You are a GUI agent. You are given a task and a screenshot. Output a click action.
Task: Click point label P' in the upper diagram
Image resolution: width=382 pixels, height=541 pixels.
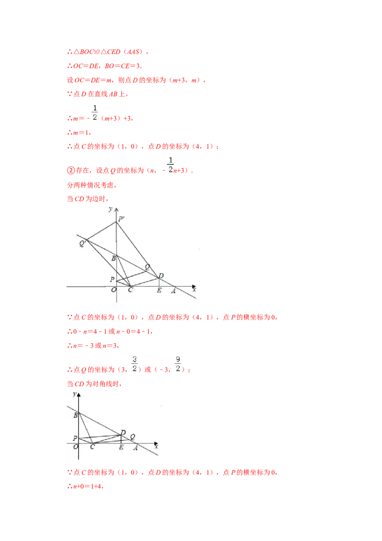pos(121,219)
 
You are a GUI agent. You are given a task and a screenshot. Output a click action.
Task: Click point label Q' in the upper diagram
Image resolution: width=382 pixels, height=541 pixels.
pos(83,243)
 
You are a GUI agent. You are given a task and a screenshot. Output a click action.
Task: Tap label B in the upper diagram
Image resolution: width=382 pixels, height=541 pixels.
pos(114,259)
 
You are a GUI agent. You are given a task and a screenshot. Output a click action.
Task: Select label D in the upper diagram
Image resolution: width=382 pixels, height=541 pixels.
pos(161,276)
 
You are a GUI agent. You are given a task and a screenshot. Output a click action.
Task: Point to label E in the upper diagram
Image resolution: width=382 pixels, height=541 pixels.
pos(159,290)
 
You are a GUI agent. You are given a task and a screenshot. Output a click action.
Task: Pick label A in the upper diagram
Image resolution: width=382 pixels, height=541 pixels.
pos(173,290)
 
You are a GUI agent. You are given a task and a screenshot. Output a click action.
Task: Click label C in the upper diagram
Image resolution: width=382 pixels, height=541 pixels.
pos(130,290)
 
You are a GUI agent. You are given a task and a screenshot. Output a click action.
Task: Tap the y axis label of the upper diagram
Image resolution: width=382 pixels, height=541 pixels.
pos(111,209)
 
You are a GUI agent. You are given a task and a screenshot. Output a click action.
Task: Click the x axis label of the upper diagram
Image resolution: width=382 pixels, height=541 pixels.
pos(194,289)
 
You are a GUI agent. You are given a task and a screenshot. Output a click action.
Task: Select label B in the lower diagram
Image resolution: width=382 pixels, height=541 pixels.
pos(75,415)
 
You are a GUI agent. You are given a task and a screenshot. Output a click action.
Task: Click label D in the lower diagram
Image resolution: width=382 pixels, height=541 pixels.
pos(123,433)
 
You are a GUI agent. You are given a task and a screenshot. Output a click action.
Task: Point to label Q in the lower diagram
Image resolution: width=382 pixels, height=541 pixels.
pos(132,436)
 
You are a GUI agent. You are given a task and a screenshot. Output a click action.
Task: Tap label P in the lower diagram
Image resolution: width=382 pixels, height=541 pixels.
pos(75,438)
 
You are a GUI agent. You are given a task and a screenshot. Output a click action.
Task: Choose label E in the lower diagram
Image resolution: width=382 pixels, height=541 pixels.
pos(121,447)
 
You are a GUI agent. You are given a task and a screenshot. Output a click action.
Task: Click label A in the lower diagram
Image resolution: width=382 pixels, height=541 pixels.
pos(136,447)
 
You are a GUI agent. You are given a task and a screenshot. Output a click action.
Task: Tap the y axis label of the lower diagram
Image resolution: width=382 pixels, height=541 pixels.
pos(74,393)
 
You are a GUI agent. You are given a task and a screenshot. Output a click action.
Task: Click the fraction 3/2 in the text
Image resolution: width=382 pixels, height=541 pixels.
pos(135,363)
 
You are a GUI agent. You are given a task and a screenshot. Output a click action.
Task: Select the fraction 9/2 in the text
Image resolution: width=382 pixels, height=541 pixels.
pos(177,363)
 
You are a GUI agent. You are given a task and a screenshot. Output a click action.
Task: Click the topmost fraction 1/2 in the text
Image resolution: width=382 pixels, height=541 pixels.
pos(95,113)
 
